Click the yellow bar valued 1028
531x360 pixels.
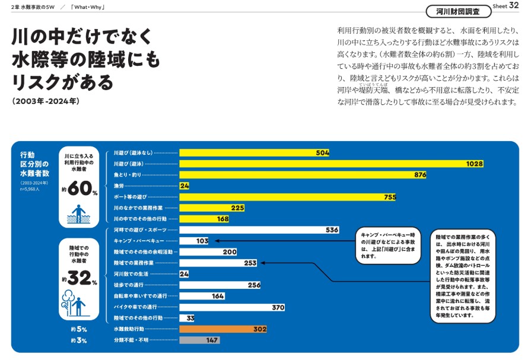(331, 164)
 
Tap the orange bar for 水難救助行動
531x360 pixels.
(222, 329)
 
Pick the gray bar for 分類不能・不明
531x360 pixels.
(199, 340)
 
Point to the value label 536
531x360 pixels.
(332, 230)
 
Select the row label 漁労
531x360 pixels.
(119, 186)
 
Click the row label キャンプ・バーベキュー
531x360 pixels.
(139, 241)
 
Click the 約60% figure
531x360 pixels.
(79, 189)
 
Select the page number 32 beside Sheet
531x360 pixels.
(514, 6)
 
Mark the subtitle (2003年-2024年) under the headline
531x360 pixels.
(44, 101)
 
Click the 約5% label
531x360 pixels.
(78, 329)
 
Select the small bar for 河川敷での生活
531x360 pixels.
(184, 274)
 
